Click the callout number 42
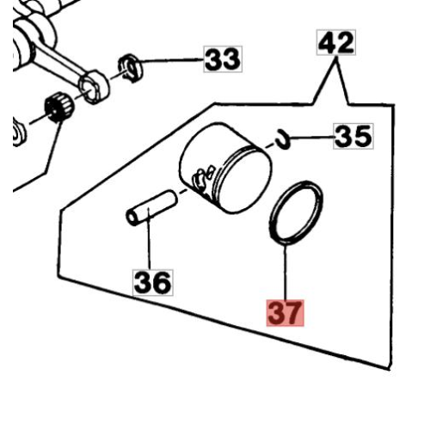[x=336, y=42]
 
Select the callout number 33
[x=223, y=59]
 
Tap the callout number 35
[x=353, y=136]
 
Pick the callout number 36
[x=153, y=282]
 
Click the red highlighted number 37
[x=285, y=313]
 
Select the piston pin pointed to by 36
[x=152, y=208]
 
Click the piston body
[x=225, y=168]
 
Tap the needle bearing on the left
[x=59, y=106]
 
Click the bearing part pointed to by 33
[x=131, y=68]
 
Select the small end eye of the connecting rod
[x=94, y=87]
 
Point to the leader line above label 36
[x=149, y=239]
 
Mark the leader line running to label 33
[x=171, y=60]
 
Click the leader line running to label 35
[x=312, y=138]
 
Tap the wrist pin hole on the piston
[x=200, y=180]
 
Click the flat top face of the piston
[x=244, y=181]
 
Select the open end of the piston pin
[x=132, y=218]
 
